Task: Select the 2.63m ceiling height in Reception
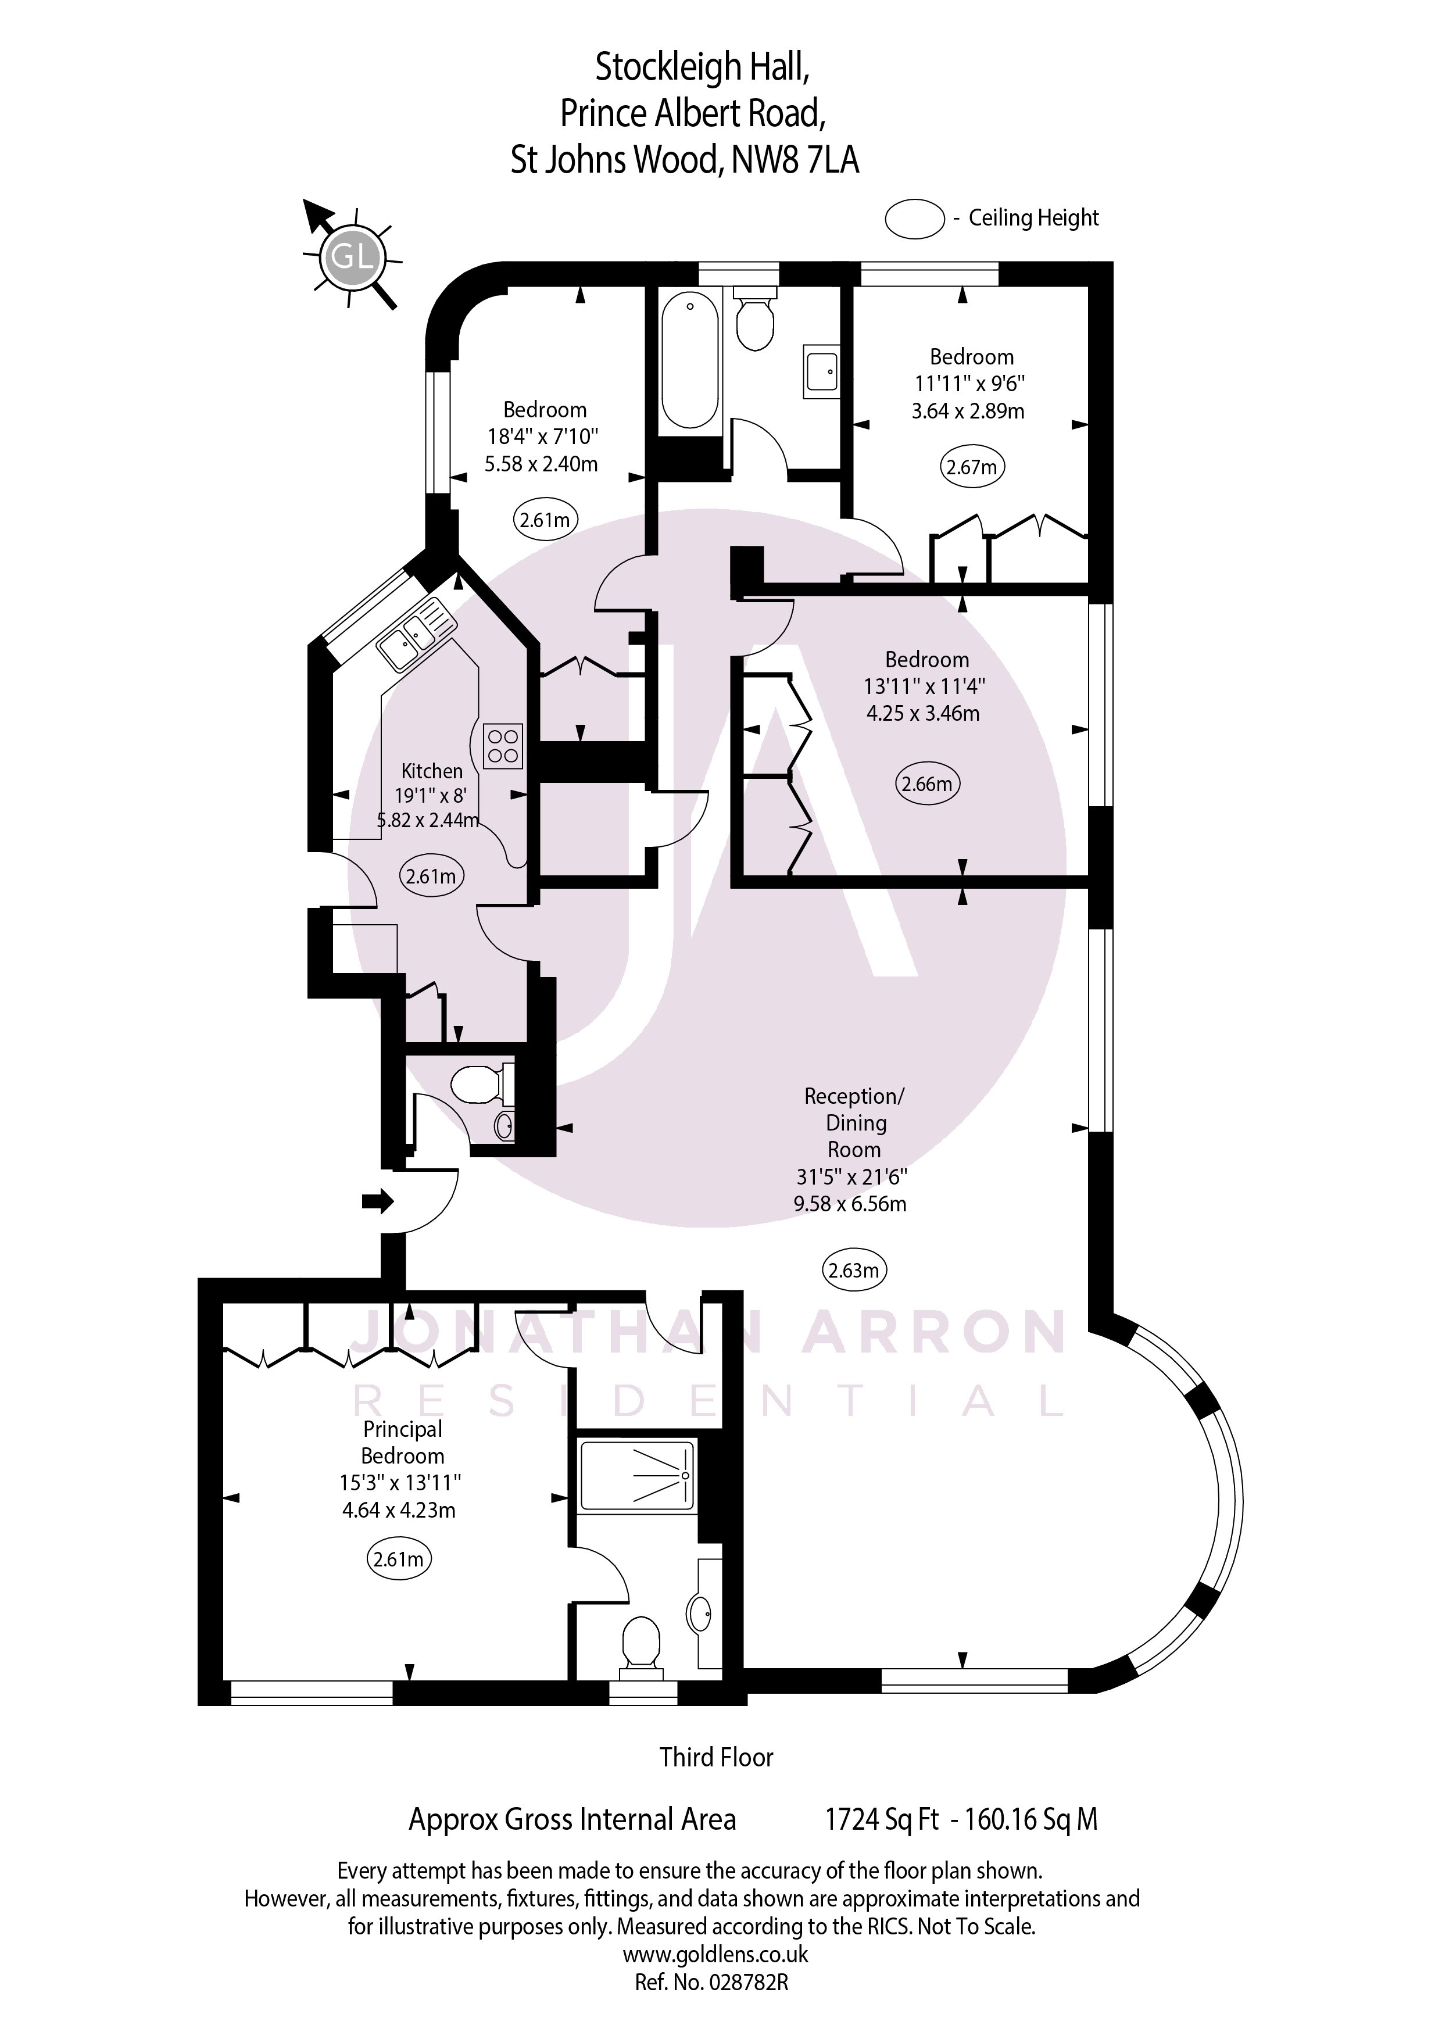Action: (x=853, y=1271)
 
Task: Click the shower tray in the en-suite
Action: (x=636, y=1475)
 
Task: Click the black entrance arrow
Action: (x=377, y=1201)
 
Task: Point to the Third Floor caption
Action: (x=715, y=1757)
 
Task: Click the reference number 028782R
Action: (x=747, y=1981)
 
